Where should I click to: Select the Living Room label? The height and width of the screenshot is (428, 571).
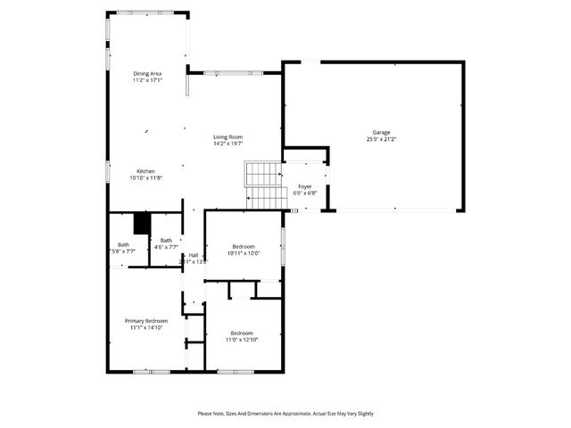(x=228, y=136)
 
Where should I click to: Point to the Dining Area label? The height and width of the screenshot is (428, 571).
(x=147, y=73)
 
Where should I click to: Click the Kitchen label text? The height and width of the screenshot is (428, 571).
(x=146, y=171)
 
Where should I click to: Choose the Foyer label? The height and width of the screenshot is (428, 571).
(x=304, y=186)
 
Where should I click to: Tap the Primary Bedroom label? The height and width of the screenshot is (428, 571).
(x=145, y=320)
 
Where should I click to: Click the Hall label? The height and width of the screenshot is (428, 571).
(x=194, y=255)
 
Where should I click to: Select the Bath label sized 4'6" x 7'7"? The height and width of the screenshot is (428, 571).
(x=167, y=240)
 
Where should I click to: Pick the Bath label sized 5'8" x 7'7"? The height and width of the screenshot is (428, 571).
(x=123, y=245)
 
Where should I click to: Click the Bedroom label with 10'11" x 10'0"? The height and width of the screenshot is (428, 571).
(x=244, y=246)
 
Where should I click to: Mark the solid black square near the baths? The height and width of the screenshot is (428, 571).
(x=140, y=223)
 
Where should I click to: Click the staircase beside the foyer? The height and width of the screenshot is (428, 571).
(x=263, y=185)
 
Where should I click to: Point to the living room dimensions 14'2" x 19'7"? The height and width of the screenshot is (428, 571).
(x=228, y=144)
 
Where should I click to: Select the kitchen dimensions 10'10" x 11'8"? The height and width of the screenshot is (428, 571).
(x=146, y=178)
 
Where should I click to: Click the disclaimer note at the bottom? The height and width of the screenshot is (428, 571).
(x=285, y=414)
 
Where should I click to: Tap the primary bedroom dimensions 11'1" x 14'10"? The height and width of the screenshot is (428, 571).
(x=145, y=327)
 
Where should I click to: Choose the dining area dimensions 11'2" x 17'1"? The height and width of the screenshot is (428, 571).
(x=147, y=80)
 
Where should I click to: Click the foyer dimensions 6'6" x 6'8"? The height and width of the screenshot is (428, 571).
(x=304, y=193)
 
